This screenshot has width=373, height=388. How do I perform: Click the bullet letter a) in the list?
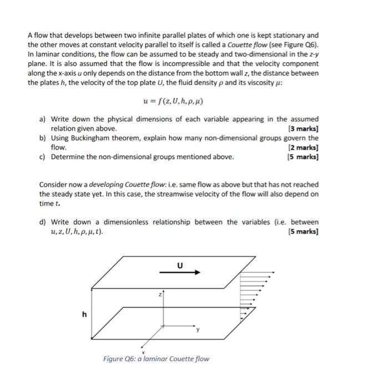click(x=43, y=119)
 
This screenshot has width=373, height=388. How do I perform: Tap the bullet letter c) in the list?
click(x=43, y=157)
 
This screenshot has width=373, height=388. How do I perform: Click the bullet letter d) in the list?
click(x=43, y=222)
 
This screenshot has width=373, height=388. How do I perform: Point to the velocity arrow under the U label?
click(x=179, y=273)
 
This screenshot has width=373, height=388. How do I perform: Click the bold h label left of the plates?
click(x=84, y=314)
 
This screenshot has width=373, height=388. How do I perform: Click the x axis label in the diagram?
click(x=144, y=352)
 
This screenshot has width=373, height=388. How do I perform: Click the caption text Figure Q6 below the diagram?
click(x=156, y=359)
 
